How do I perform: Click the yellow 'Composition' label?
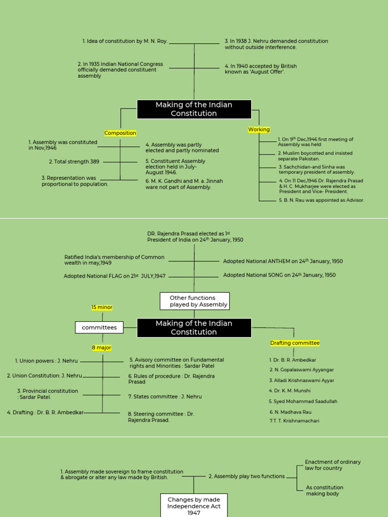coord(120,133)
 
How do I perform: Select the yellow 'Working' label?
coord(259,130)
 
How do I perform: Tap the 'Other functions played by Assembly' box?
coord(195,301)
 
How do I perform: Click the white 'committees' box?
coord(99,328)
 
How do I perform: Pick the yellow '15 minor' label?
coord(102,307)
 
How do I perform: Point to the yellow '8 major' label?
coord(102,348)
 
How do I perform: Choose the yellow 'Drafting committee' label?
coord(295,343)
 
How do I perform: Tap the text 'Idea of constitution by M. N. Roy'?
coord(125,41)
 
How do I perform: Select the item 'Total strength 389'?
coord(74,162)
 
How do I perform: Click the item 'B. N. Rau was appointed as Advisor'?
coord(321,200)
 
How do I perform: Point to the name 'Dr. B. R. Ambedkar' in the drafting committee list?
coord(293,360)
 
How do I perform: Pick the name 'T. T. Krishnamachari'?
coord(295,421)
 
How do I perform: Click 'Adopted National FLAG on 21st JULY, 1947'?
coord(115,276)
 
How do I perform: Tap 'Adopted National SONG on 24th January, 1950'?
coord(279,275)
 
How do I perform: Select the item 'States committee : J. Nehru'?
coord(165,397)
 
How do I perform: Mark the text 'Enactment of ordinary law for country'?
coord(332,465)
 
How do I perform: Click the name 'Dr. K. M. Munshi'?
coord(290,391)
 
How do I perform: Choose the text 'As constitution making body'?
coord(324,491)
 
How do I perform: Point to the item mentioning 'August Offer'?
coord(261,69)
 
